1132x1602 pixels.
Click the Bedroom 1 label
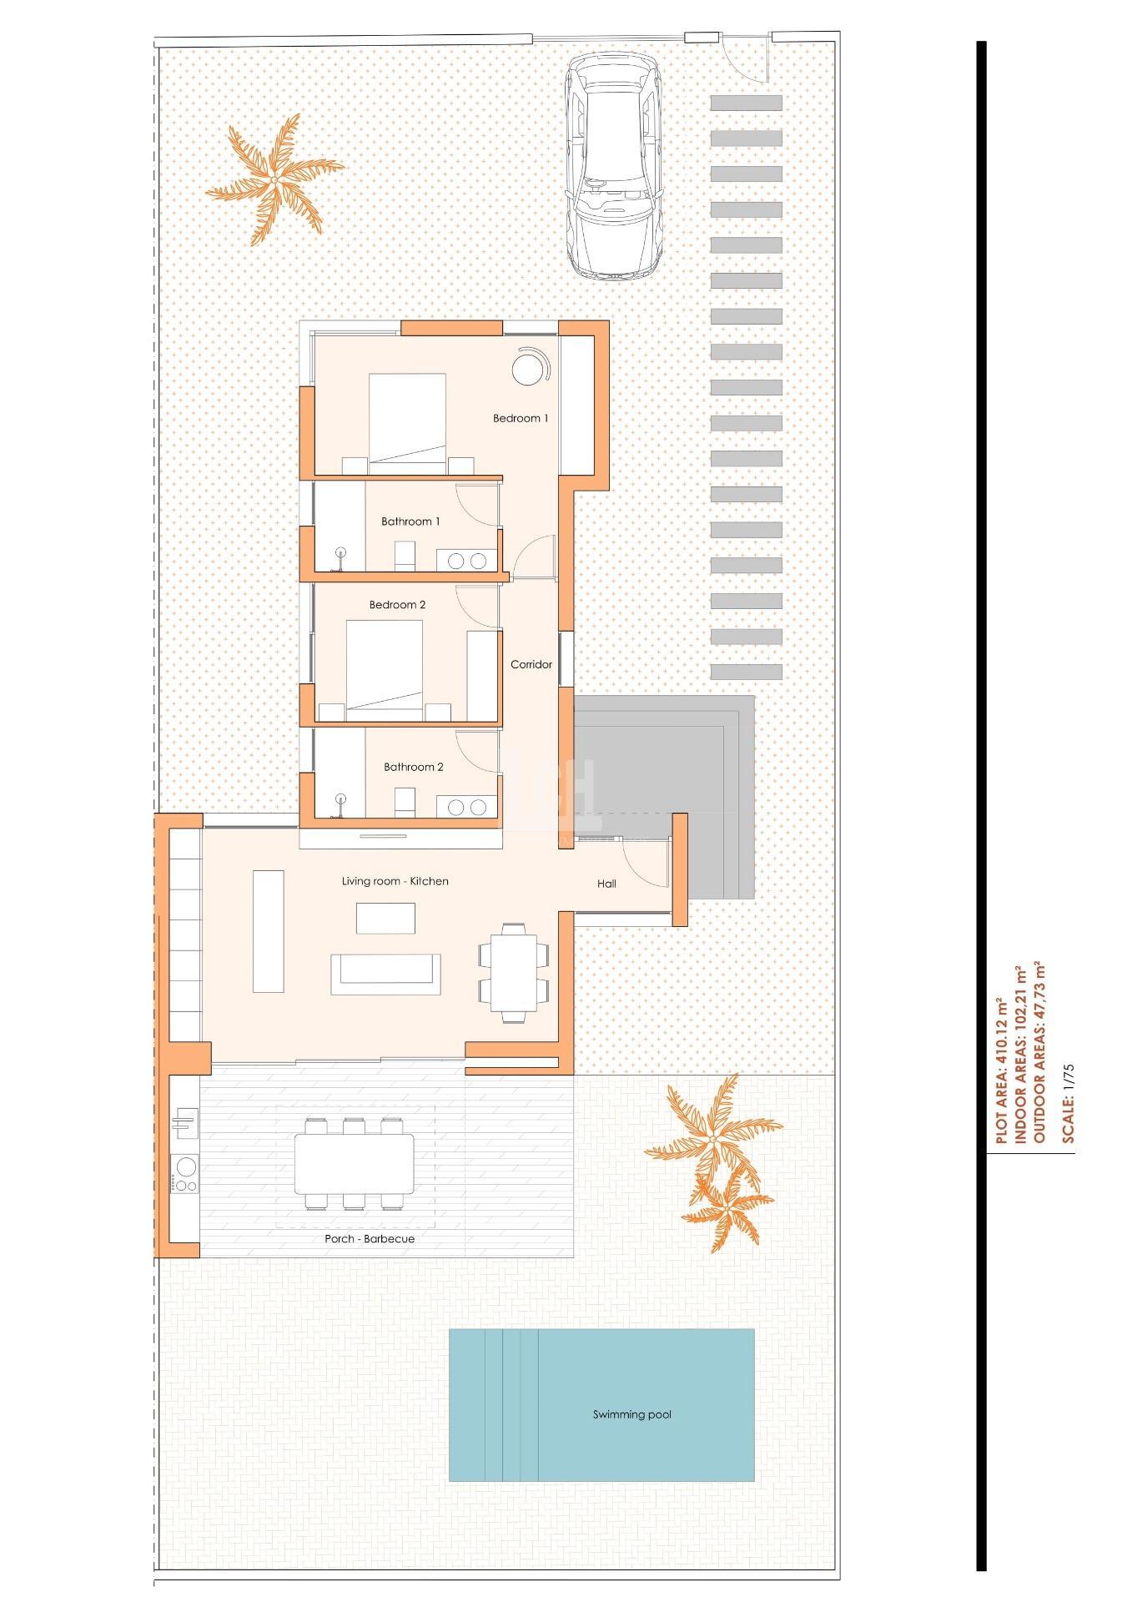pyautogui.click(x=521, y=418)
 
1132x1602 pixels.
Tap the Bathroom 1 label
pyautogui.click(x=410, y=521)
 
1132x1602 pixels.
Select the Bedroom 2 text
pyautogui.click(x=398, y=605)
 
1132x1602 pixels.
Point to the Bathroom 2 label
pyautogui.click(x=414, y=767)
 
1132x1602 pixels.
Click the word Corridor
pyautogui.click(x=531, y=665)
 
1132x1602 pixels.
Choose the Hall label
pyautogui.click(x=606, y=884)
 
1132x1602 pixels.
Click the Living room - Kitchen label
pyautogui.click(x=395, y=881)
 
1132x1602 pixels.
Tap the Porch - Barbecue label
pyautogui.click(x=370, y=1239)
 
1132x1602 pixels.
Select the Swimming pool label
pyautogui.click(x=631, y=1414)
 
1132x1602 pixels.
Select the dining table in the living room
pyautogui.click(x=514, y=972)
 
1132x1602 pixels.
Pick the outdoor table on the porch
pyautogui.click(x=354, y=1163)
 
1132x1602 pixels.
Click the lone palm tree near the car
pyautogui.click(x=274, y=178)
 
